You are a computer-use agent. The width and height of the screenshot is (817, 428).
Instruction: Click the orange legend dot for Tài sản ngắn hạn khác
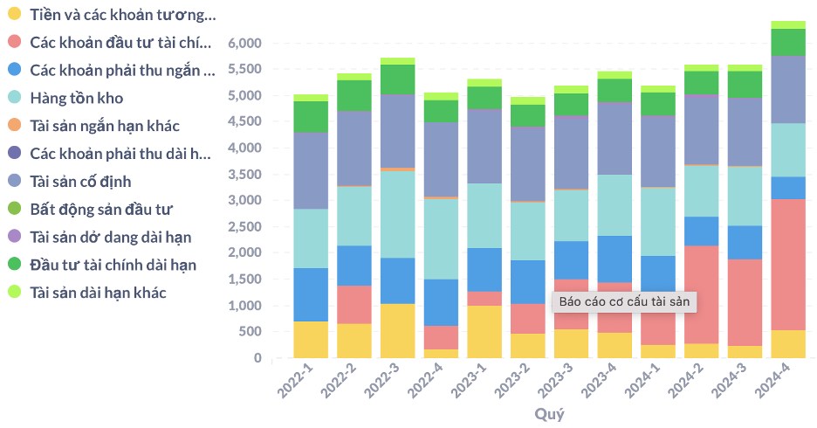[x=15, y=125]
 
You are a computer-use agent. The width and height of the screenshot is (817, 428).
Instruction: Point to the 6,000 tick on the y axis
[x=244, y=44]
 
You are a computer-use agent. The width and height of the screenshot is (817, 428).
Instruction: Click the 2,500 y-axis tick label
[x=244, y=227]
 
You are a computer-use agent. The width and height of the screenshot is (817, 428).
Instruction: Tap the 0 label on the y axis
[x=257, y=358]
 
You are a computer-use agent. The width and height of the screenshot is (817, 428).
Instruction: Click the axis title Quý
[x=549, y=414]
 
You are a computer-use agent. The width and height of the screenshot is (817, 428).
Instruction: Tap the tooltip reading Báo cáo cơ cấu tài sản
[x=624, y=302]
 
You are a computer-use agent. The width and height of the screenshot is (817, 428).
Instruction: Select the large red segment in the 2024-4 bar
[x=788, y=265]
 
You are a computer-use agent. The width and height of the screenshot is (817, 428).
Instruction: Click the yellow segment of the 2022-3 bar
[x=397, y=331]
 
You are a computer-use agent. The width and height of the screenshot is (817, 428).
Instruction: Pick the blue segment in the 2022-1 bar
[x=311, y=295]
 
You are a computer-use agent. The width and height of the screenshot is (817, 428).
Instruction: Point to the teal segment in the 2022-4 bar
[x=441, y=239]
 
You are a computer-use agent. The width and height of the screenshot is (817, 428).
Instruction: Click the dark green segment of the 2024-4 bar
[x=788, y=42]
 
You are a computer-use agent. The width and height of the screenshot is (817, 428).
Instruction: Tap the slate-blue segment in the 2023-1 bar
[x=484, y=147]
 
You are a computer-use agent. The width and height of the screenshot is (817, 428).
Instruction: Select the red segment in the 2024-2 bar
[x=701, y=294]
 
